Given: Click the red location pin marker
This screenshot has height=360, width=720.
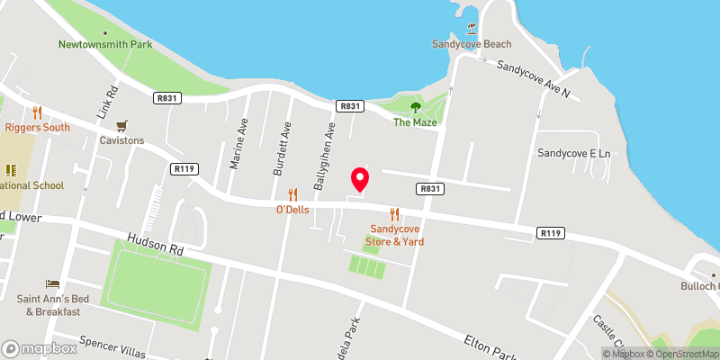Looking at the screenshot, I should click(x=360, y=178).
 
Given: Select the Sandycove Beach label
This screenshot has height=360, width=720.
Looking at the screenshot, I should click(x=472, y=44).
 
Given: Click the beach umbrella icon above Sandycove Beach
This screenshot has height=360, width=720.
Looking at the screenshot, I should click(x=472, y=28).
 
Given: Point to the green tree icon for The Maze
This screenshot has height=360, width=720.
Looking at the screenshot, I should click(x=416, y=106).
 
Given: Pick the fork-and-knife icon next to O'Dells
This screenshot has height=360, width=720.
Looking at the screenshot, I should click(x=292, y=193).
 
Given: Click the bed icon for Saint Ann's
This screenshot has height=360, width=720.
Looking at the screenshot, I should click(x=52, y=284).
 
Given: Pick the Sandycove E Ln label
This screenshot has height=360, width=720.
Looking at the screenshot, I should click(x=574, y=154).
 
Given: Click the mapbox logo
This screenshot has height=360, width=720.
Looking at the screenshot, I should click(x=40, y=347).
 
